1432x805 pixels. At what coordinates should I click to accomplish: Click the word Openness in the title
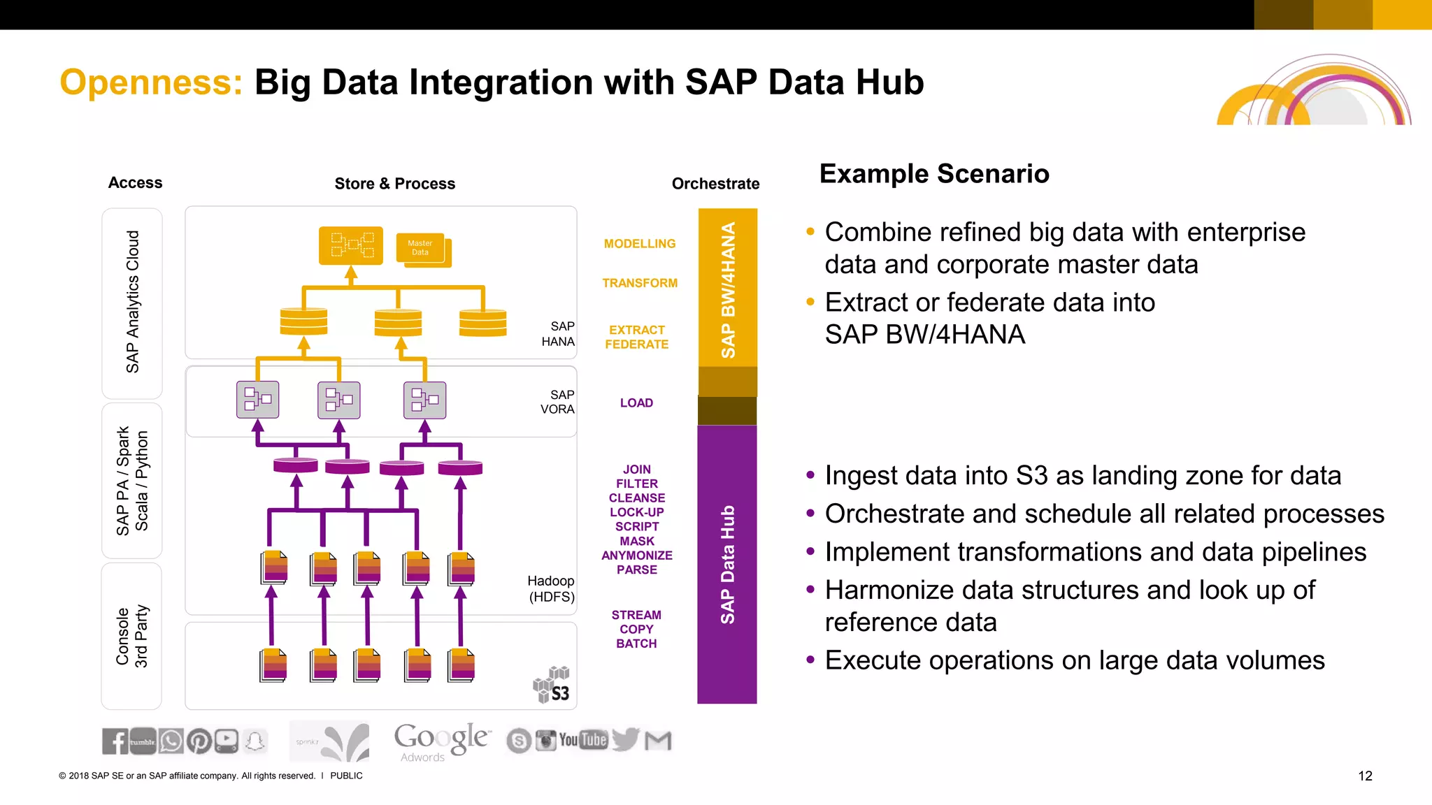click(x=151, y=82)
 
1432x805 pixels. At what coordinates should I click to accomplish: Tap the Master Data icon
click(x=422, y=249)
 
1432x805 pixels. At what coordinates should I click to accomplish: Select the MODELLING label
click(x=639, y=244)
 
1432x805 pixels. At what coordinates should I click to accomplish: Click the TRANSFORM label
click(x=639, y=283)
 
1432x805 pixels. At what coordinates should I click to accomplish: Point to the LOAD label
click(x=636, y=403)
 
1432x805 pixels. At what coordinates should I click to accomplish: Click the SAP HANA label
click(x=559, y=334)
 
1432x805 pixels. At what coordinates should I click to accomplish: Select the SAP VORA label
click(x=558, y=402)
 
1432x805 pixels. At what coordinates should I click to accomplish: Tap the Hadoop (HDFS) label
click(x=551, y=588)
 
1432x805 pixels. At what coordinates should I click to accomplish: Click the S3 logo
click(x=552, y=685)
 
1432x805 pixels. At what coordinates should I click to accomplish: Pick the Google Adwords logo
click(x=442, y=741)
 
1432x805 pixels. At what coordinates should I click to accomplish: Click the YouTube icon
click(x=583, y=740)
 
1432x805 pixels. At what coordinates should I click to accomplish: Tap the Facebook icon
click(x=115, y=741)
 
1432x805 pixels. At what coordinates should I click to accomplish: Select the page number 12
click(x=1365, y=776)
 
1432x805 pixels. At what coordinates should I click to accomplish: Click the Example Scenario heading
click(x=934, y=173)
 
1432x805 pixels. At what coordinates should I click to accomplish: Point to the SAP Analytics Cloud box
click(x=132, y=303)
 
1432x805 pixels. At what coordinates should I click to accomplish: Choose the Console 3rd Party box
click(x=131, y=636)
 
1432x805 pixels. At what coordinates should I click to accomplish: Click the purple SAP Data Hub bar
click(x=727, y=564)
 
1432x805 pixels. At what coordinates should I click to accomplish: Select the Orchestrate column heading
click(x=715, y=184)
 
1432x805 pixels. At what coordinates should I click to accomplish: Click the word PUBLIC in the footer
click(x=346, y=776)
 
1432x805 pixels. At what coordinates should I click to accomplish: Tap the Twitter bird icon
click(x=625, y=739)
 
